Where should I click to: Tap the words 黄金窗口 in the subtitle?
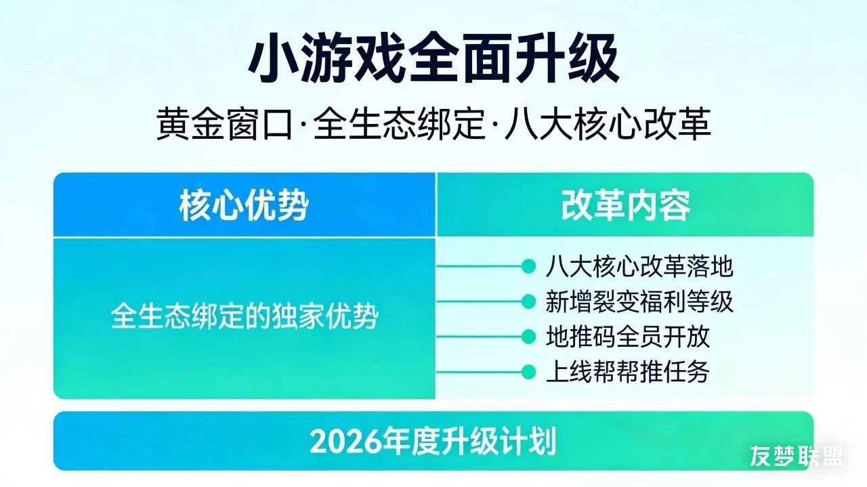click(x=223, y=125)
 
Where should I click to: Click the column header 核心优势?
click(x=244, y=205)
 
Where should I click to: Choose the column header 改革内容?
click(x=625, y=205)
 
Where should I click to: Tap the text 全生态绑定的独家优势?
click(x=244, y=316)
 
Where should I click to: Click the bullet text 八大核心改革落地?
click(x=639, y=267)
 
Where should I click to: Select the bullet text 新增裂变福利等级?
click(x=639, y=301)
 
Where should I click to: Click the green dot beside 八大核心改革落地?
click(x=528, y=267)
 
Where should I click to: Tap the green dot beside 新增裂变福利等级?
click(x=528, y=301)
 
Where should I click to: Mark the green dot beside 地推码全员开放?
click(x=528, y=337)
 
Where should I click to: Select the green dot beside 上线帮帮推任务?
click(x=528, y=372)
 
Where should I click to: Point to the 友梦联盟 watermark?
click(x=797, y=457)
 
